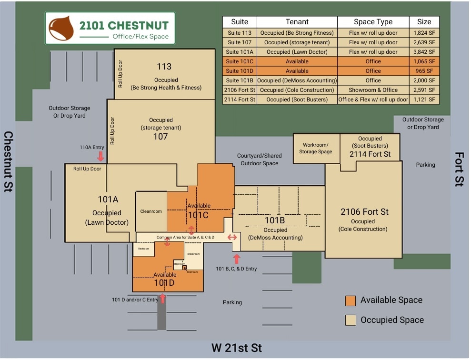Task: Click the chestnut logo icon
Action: click(x=62, y=28)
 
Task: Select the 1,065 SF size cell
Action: click(x=424, y=61)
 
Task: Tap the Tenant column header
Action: click(x=297, y=22)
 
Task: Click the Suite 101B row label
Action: click(x=240, y=80)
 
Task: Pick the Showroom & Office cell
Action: click(x=373, y=90)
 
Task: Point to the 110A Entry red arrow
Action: click(x=100, y=156)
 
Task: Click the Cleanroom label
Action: click(x=151, y=211)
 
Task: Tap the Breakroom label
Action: click(x=193, y=254)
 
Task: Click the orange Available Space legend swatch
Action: click(x=351, y=300)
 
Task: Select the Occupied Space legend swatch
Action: click(x=351, y=320)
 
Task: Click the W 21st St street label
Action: click(x=237, y=348)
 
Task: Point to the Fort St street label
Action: click(x=459, y=169)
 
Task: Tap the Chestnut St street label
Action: click(x=9, y=162)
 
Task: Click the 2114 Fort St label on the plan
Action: click(x=370, y=154)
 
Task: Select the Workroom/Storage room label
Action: click(x=315, y=148)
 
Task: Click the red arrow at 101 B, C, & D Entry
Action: click(x=237, y=259)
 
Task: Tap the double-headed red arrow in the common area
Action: click(x=232, y=237)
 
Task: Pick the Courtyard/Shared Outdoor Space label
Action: click(x=259, y=160)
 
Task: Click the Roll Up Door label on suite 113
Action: click(x=120, y=74)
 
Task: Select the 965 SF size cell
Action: click(x=424, y=71)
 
